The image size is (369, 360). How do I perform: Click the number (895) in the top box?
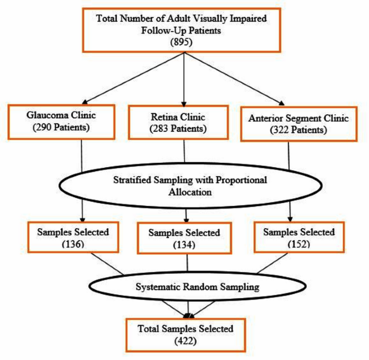(x=184, y=44)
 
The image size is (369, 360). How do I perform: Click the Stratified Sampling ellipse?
(x=185, y=186)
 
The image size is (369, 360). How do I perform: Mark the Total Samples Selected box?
(x=185, y=334)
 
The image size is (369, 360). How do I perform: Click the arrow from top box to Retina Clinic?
(x=184, y=81)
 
